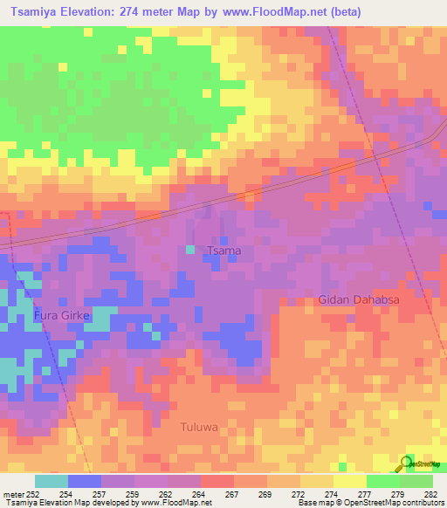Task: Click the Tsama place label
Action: [x=223, y=251]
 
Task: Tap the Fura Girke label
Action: [x=62, y=315]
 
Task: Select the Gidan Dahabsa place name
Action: [x=358, y=299]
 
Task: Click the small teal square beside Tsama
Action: [x=190, y=251]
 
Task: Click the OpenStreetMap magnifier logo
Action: [x=409, y=463]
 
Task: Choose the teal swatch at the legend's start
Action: [x=52, y=481]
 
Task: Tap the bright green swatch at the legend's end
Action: [x=416, y=481]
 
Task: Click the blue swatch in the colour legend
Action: [x=85, y=481]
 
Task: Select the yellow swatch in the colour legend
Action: [x=349, y=481]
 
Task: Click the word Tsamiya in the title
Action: [x=37, y=12]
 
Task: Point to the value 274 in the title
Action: [x=135, y=12]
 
